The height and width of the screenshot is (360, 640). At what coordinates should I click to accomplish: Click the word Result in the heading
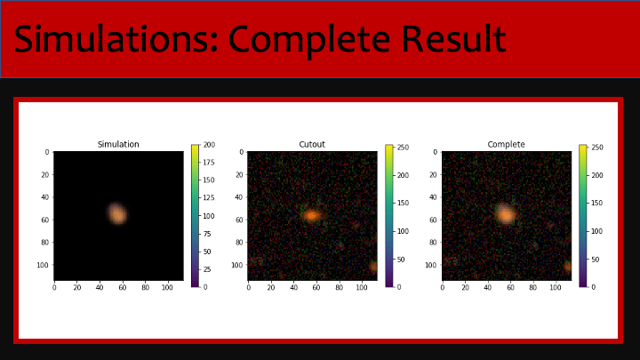click(x=453, y=39)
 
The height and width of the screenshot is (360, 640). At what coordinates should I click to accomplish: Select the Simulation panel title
click(x=118, y=144)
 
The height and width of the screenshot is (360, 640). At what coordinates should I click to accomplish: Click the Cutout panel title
click(x=312, y=144)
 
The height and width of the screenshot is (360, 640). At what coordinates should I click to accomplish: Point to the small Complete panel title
click(x=506, y=144)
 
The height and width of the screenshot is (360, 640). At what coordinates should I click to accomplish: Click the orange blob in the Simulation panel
click(x=117, y=213)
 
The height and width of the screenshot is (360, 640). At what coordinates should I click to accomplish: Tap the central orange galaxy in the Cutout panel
click(x=312, y=215)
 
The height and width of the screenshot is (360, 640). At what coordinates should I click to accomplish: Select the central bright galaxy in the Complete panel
click(x=506, y=214)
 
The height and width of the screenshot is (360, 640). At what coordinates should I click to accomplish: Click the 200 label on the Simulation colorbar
click(x=209, y=145)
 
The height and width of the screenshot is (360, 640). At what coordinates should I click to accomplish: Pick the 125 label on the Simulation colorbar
click(x=209, y=198)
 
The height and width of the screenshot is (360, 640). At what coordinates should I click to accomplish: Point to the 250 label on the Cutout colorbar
click(x=404, y=148)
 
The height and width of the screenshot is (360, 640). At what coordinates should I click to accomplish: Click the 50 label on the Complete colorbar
click(x=595, y=260)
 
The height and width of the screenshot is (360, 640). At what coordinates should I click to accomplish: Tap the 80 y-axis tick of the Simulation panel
click(x=45, y=243)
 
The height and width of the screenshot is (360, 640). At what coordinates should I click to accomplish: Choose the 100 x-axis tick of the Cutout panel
click(x=362, y=288)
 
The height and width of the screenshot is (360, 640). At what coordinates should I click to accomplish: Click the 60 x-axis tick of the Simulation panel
click(x=123, y=288)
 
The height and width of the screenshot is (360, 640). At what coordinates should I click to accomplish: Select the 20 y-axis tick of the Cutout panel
click(x=239, y=175)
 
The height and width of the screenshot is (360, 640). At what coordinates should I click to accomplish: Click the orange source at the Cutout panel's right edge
click(x=373, y=267)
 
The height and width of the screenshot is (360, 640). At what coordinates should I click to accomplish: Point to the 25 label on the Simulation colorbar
click(x=207, y=269)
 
